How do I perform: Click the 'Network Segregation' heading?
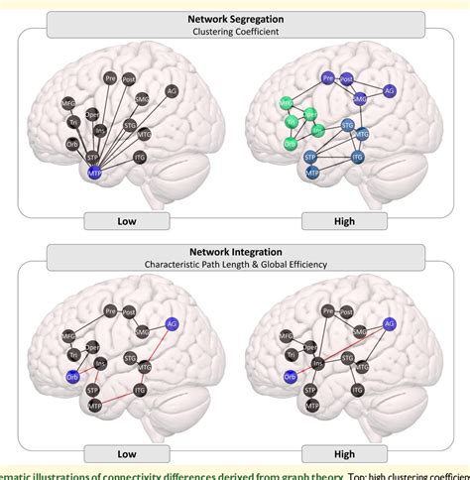coord(235,17)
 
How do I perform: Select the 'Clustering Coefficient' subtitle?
coord(235,32)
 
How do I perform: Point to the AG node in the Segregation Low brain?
coord(172,90)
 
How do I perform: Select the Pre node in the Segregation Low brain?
coord(110,77)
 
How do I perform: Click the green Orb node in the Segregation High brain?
coord(290,143)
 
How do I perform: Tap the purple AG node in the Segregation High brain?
coord(390,90)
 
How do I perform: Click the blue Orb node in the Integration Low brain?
coord(72,375)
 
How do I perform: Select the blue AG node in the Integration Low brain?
coord(172,323)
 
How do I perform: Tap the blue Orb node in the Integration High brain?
coord(290,375)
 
